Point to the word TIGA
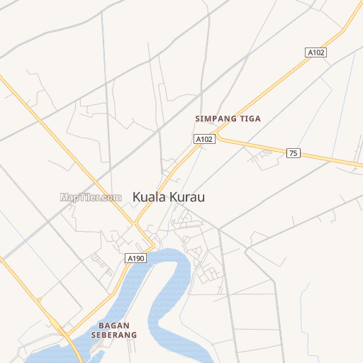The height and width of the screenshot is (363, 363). click(250, 119)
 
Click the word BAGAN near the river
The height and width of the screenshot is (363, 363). click(108, 326)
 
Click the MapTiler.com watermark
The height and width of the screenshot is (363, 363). click(91, 198)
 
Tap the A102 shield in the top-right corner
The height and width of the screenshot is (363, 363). click(315, 52)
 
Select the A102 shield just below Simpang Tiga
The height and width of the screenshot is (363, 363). click(204, 139)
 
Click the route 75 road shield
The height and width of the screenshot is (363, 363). click(293, 153)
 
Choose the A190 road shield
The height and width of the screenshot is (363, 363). click(135, 258)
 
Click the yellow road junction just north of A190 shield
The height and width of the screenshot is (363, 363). click(137, 225)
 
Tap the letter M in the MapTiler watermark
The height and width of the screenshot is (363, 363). click(64, 198)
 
